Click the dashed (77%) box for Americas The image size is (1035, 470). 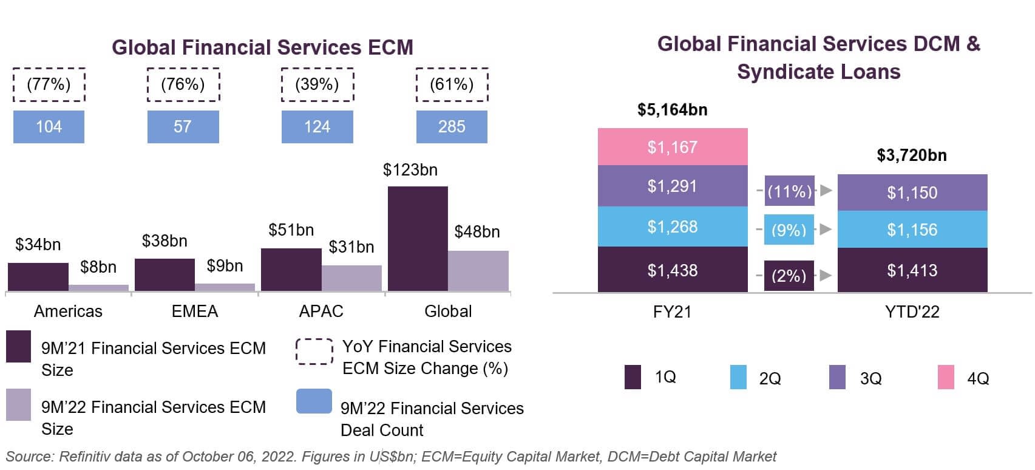(49, 84)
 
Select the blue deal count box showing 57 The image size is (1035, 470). (183, 127)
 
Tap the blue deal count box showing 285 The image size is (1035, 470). (452, 127)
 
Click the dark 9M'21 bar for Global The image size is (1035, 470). (418, 239)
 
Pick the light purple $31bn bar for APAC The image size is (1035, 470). (351, 278)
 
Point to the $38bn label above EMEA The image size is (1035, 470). (164, 241)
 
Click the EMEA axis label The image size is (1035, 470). (194, 312)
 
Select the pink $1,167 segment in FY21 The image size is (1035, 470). (672, 147)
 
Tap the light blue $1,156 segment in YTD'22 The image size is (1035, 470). (912, 230)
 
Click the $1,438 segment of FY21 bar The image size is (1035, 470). (672, 270)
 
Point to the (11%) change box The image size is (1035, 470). (789, 191)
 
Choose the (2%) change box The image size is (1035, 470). (789, 276)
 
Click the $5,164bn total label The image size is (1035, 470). (672, 110)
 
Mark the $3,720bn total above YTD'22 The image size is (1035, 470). (911, 155)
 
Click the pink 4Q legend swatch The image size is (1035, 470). (946, 377)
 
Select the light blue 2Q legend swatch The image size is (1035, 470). (738, 377)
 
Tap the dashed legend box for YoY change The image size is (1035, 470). (314, 352)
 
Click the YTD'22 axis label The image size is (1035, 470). (912, 312)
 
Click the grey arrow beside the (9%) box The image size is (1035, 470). (825, 230)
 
